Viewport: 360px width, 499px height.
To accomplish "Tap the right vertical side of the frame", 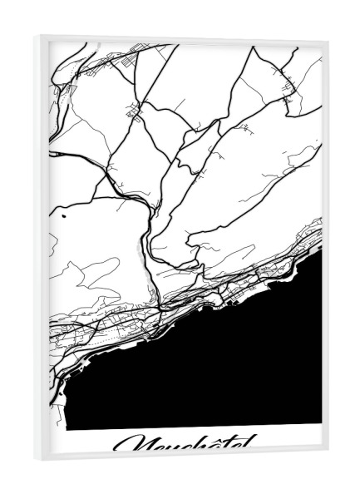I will [325, 249].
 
